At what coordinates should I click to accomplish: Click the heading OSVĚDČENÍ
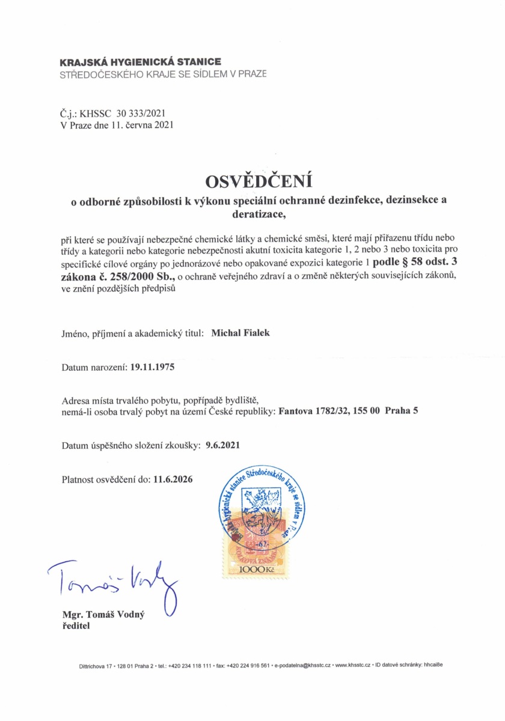click(260, 181)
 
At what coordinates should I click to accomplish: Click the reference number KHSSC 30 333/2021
click(130, 112)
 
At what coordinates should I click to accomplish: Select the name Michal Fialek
click(240, 333)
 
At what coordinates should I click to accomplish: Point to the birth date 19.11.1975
click(152, 367)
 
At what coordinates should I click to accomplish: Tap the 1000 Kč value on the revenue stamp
click(256, 569)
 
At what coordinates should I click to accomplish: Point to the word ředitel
click(76, 625)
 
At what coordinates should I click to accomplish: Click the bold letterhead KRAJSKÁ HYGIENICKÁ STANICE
click(140, 62)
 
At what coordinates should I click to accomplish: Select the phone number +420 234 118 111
click(189, 665)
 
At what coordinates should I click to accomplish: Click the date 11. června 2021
click(142, 124)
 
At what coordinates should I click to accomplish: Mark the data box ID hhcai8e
click(432, 665)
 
